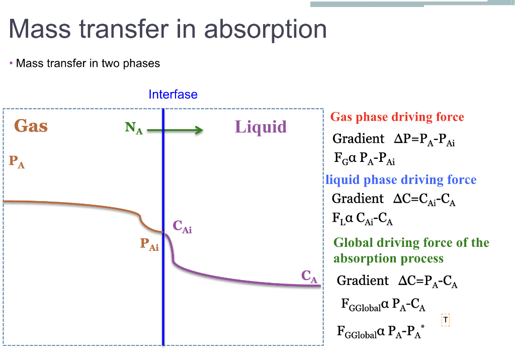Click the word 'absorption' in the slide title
265,30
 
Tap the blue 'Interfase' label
173,95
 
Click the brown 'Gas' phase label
31,126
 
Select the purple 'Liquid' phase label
261,127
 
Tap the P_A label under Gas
17,162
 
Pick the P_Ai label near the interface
149,245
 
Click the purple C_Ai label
182,227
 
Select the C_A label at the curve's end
309,277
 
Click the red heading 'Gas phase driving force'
397,117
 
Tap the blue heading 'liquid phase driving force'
401,180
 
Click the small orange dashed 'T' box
445,320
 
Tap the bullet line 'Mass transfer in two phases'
88,64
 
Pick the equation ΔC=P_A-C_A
427,281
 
